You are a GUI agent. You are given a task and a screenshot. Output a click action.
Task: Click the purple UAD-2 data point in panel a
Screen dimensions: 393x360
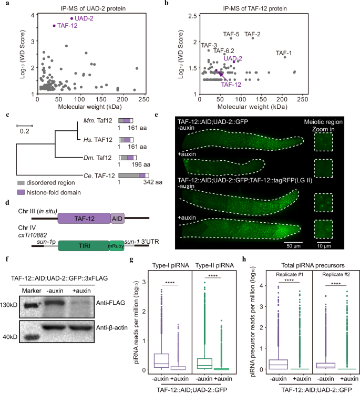click(72, 18)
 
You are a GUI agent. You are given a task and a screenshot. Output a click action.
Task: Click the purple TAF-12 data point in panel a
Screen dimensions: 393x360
click(54, 26)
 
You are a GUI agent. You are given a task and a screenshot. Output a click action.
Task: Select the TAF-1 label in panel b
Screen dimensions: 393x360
click(284, 53)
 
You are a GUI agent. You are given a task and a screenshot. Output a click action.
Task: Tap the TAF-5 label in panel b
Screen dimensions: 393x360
click(231, 35)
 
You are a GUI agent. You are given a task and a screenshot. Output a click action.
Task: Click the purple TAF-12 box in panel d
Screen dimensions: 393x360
click(84, 217)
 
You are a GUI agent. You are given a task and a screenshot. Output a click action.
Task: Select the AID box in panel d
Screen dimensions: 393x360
click(117, 217)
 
